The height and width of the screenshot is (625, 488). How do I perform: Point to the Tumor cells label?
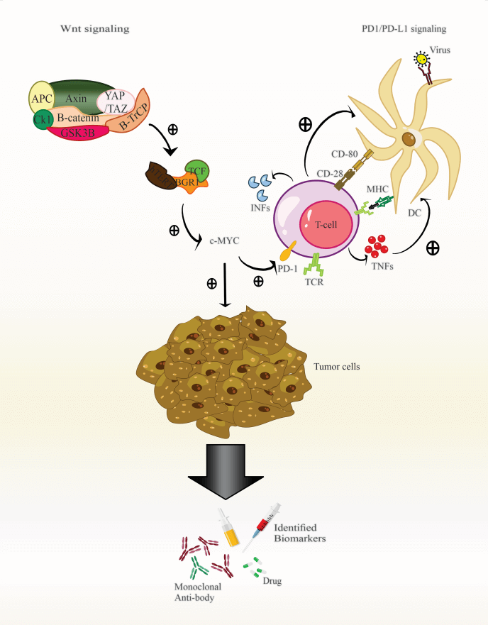(x=336, y=367)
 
